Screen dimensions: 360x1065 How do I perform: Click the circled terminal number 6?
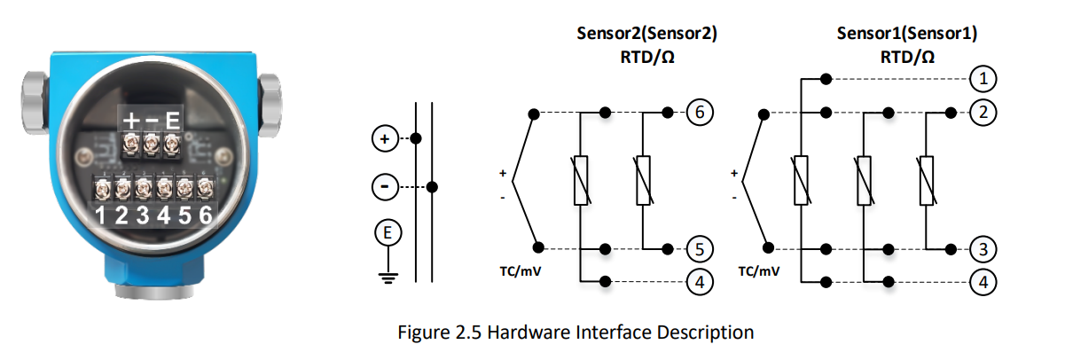point(699,113)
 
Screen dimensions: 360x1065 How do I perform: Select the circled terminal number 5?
point(699,248)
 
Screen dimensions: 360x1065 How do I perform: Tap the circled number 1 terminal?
point(983,79)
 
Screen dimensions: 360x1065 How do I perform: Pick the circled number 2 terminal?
point(983,113)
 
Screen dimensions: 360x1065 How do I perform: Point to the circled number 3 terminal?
point(983,248)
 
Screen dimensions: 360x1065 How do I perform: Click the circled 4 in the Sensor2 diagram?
point(699,282)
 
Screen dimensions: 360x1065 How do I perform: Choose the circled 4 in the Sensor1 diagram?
point(983,282)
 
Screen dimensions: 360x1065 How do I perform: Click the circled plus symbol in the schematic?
point(384,139)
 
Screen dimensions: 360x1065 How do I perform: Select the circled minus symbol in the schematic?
point(384,187)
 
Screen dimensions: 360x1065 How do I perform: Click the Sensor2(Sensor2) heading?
point(646,35)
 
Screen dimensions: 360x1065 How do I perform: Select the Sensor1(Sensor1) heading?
point(906,35)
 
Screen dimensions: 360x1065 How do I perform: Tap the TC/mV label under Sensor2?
point(521,270)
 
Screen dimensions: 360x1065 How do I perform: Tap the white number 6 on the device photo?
point(206,215)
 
